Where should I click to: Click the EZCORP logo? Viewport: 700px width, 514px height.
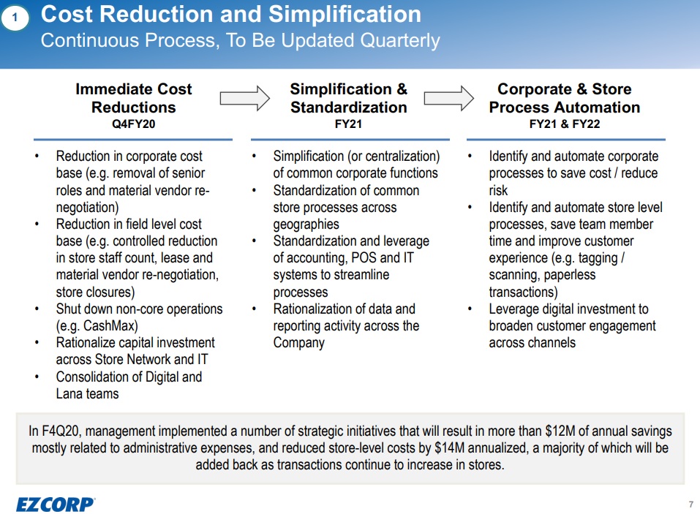point(56,504)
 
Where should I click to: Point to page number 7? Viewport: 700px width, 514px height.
point(690,504)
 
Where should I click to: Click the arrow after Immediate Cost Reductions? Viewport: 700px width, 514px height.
point(244,97)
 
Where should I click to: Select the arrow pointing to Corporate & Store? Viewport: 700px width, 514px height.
point(448,97)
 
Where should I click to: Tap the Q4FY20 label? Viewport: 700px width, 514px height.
point(133,124)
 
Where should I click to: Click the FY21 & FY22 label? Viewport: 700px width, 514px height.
point(564,124)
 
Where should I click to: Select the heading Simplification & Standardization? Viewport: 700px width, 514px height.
point(348,98)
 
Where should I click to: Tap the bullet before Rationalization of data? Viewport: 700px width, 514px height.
point(255,309)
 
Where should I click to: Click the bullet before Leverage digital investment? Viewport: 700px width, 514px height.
point(471,309)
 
